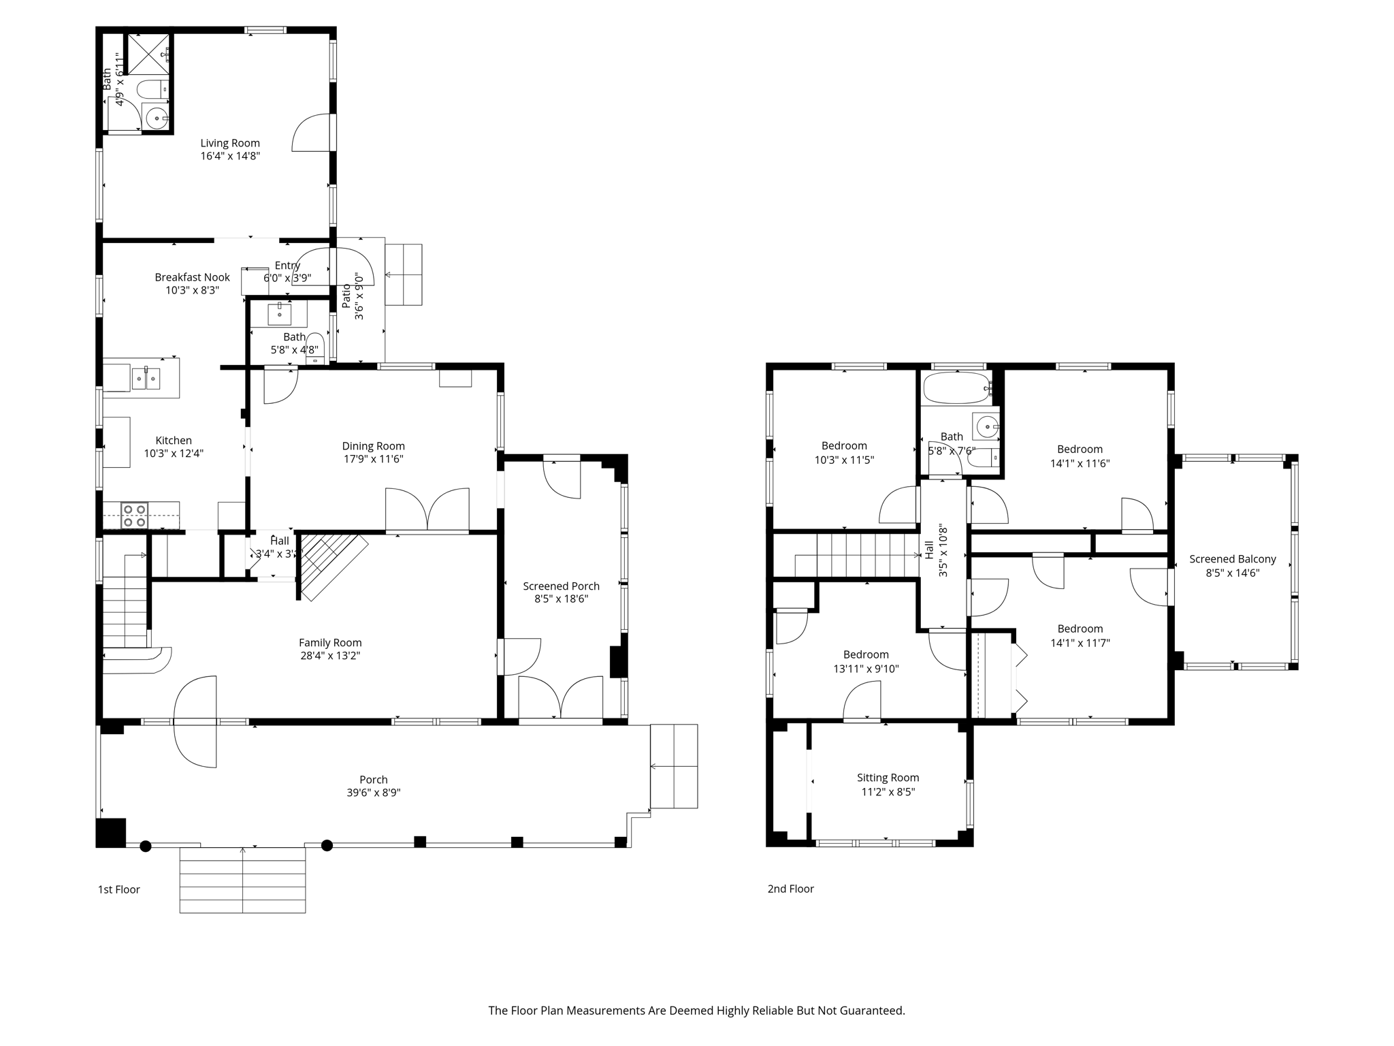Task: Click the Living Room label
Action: (x=230, y=143)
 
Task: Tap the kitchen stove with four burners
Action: (x=134, y=516)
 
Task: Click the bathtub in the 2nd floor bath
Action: (x=956, y=387)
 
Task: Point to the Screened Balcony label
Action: (x=1232, y=559)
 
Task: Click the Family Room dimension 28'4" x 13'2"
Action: (x=330, y=656)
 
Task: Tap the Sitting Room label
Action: (x=888, y=778)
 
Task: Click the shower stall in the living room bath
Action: (x=148, y=53)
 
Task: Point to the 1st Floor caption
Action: (x=119, y=889)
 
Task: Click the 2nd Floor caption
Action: (x=790, y=889)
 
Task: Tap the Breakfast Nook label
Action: (x=192, y=277)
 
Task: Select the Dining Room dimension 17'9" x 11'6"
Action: (x=373, y=459)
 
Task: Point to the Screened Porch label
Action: (x=561, y=586)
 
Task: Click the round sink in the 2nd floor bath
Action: (x=986, y=427)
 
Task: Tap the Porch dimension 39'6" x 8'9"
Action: (x=373, y=793)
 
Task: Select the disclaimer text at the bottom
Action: (x=696, y=1011)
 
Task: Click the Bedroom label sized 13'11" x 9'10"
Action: (x=866, y=654)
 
